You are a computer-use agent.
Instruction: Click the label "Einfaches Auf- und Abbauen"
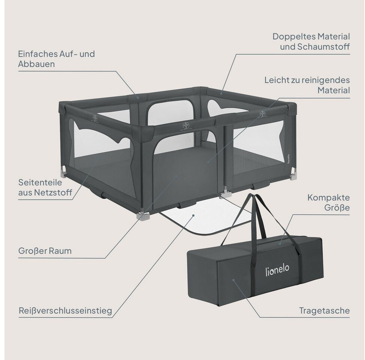pos(56,59)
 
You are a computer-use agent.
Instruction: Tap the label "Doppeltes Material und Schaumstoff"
pos(311,42)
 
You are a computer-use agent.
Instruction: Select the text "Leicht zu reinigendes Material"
pos(307,85)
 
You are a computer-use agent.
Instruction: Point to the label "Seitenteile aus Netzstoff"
pos(40,187)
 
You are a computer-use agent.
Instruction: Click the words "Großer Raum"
pos(45,251)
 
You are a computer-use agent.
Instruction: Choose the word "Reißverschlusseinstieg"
pos(65,311)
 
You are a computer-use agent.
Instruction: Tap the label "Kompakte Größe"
pos(328,202)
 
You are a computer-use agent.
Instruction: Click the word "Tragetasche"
pos(324,310)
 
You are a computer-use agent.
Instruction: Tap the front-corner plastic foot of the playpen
pos(142,216)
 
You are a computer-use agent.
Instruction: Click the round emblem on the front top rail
pos(185,125)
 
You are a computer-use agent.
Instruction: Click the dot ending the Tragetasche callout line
pos(233,279)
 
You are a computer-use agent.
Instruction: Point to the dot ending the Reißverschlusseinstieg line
pos(193,215)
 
